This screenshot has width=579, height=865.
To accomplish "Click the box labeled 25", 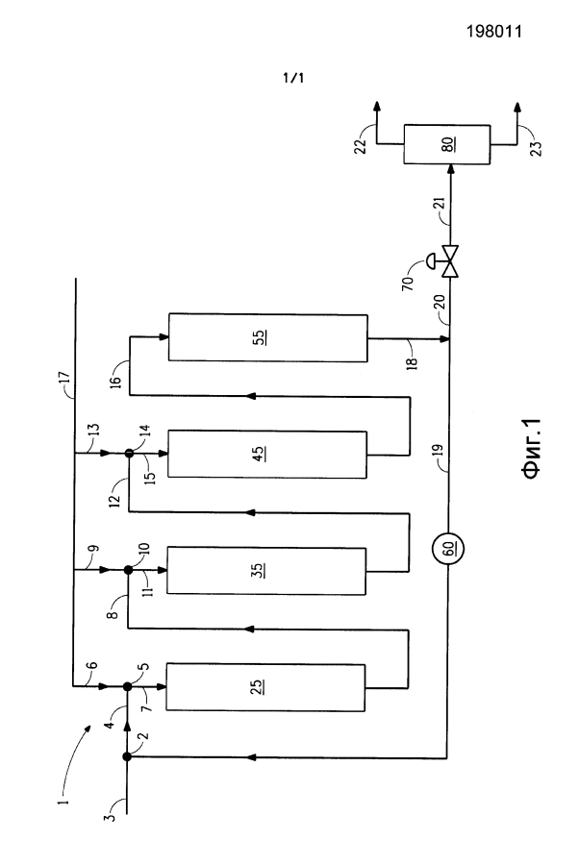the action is (264, 687).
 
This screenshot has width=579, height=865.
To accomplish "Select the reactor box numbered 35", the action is (266, 570).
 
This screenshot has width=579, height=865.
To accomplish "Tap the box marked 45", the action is (266, 454).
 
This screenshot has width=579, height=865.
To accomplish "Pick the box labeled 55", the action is (267, 337).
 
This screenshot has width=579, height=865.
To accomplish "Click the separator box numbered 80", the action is (447, 144).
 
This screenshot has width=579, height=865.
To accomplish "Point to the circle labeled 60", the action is (447, 549).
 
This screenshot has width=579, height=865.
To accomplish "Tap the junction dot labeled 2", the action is (127, 757).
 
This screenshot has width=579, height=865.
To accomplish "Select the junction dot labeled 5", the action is (128, 687).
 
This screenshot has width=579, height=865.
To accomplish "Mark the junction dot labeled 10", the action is (128, 570).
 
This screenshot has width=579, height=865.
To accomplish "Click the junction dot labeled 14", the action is (129, 453).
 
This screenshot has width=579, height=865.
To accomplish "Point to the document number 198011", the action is (494, 32).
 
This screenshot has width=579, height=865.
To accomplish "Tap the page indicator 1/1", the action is (293, 78).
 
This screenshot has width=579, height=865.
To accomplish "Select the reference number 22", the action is (361, 147).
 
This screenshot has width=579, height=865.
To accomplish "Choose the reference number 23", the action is (536, 149).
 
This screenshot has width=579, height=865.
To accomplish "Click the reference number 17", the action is (64, 378).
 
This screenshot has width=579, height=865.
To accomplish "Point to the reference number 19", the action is (437, 449).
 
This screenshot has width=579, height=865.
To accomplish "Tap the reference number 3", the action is (112, 816).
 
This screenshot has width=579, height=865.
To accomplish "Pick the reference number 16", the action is (115, 382).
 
